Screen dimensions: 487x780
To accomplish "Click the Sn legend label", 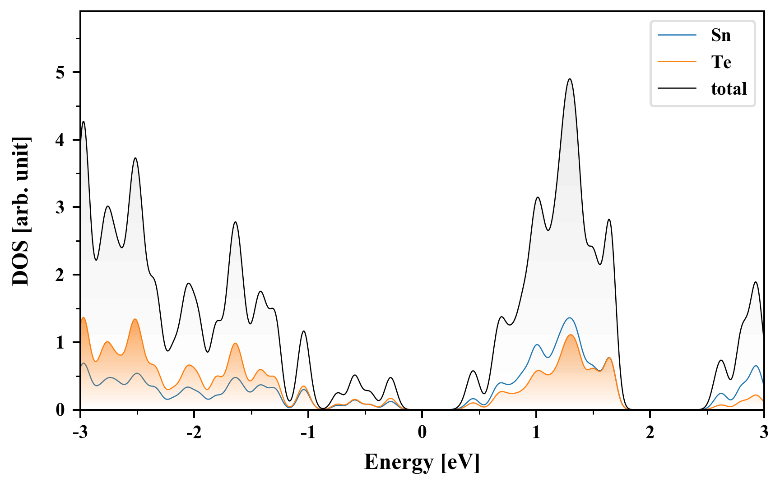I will [720, 35].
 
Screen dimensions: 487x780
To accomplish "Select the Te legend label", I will [721, 62].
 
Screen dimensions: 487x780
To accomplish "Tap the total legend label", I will [729, 89].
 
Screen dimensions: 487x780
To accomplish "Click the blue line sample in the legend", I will [677, 35].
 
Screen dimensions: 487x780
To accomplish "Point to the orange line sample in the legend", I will [677, 62].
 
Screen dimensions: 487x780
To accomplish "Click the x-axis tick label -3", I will [80, 432].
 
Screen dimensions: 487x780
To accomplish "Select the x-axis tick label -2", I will [194, 432].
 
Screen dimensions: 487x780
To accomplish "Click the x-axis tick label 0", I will [422, 432].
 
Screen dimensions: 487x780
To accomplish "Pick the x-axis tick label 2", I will [650, 432].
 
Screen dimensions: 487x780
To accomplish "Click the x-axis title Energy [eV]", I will [422, 462].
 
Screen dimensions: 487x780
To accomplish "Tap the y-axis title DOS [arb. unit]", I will [21, 211].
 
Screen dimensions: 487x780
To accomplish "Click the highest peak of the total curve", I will [570, 79].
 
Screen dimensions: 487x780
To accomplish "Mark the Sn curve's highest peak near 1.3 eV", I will [570, 318].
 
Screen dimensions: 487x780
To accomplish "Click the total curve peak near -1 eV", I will [304, 331].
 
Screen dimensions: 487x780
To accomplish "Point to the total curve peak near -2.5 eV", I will [135, 158].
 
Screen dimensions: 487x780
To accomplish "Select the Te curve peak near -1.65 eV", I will [235, 343].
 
